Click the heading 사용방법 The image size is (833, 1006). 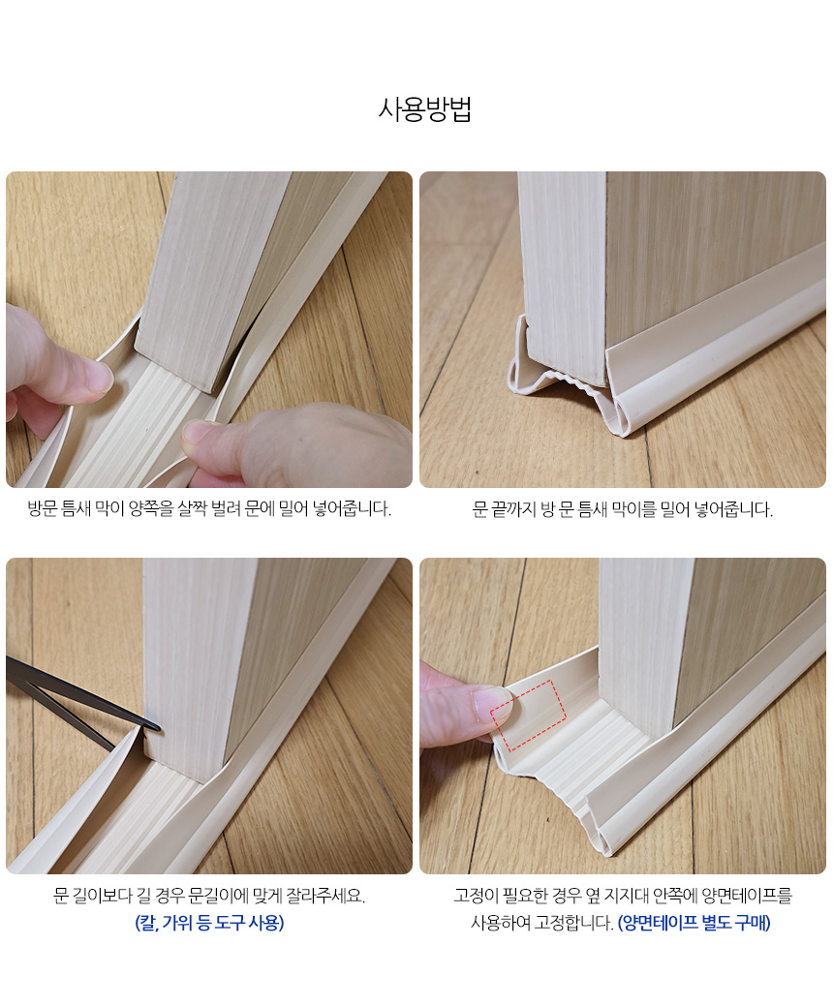(425, 109)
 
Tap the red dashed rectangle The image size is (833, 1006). (528, 716)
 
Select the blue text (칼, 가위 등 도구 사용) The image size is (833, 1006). (209, 923)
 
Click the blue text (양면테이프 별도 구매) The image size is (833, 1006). (694, 923)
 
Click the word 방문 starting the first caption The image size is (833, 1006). (43, 508)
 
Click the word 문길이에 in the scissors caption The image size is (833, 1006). (217, 895)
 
